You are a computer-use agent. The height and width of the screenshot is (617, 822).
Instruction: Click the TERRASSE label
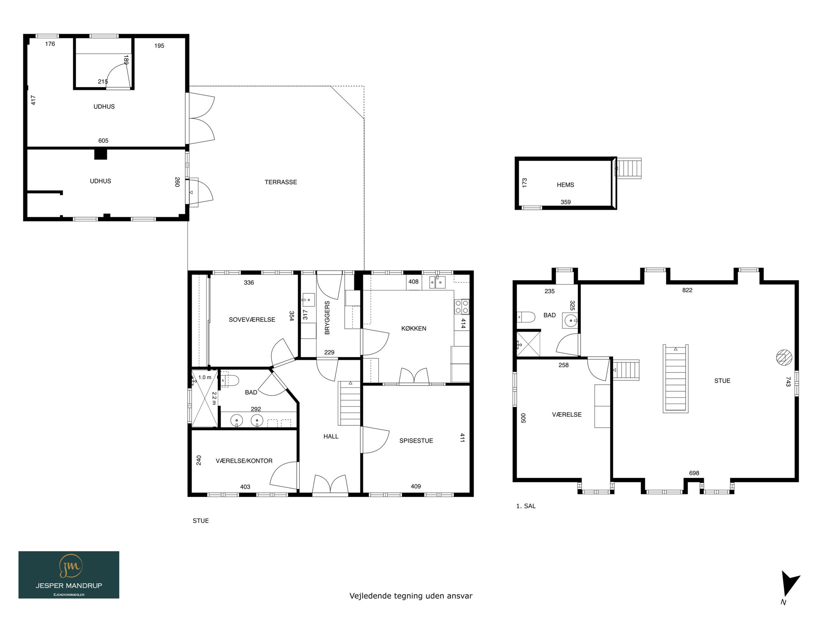point(281,182)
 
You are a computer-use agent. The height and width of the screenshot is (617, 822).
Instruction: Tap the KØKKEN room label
point(414,329)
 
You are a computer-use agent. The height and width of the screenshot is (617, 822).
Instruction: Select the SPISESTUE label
point(416,441)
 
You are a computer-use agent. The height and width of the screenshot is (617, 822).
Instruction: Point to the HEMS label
point(566,185)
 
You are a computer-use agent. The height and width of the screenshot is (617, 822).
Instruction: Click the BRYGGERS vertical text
point(328,318)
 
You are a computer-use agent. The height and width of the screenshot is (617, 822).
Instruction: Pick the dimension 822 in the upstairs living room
point(687,290)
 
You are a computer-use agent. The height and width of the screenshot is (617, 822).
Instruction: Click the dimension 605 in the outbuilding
point(103,141)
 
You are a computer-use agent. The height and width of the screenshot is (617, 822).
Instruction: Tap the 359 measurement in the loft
point(566,202)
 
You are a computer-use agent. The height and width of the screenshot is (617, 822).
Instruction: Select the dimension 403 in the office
point(245,487)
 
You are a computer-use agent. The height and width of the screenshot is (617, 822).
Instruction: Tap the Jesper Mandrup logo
point(69,575)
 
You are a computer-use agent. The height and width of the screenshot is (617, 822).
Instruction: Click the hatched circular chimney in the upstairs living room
point(784,357)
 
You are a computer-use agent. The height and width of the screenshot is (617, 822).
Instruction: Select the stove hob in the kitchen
point(462,307)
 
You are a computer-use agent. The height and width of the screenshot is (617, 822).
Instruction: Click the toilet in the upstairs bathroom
point(526,317)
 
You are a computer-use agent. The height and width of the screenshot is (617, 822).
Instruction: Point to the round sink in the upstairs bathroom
point(570,320)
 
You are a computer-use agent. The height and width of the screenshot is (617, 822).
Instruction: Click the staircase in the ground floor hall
point(349,404)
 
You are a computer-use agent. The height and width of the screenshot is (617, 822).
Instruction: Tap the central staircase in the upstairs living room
point(676,379)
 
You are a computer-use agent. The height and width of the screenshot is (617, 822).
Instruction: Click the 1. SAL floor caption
point(526,506)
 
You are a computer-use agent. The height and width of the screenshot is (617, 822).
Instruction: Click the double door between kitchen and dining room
point(414,377)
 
